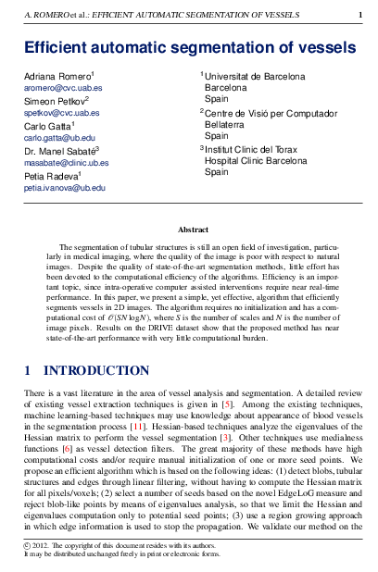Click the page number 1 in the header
click(x=360, y=16)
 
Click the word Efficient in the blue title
click(x=58, y=47)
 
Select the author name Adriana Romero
click(x=57, y=75)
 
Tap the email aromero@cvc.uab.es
click(x=63, y=87)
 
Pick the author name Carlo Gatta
click(x=47, y=125)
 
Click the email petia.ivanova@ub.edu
click(x=64, y=187)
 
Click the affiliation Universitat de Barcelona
click(x=253, y=75)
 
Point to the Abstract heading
click(x=193, y=230)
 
